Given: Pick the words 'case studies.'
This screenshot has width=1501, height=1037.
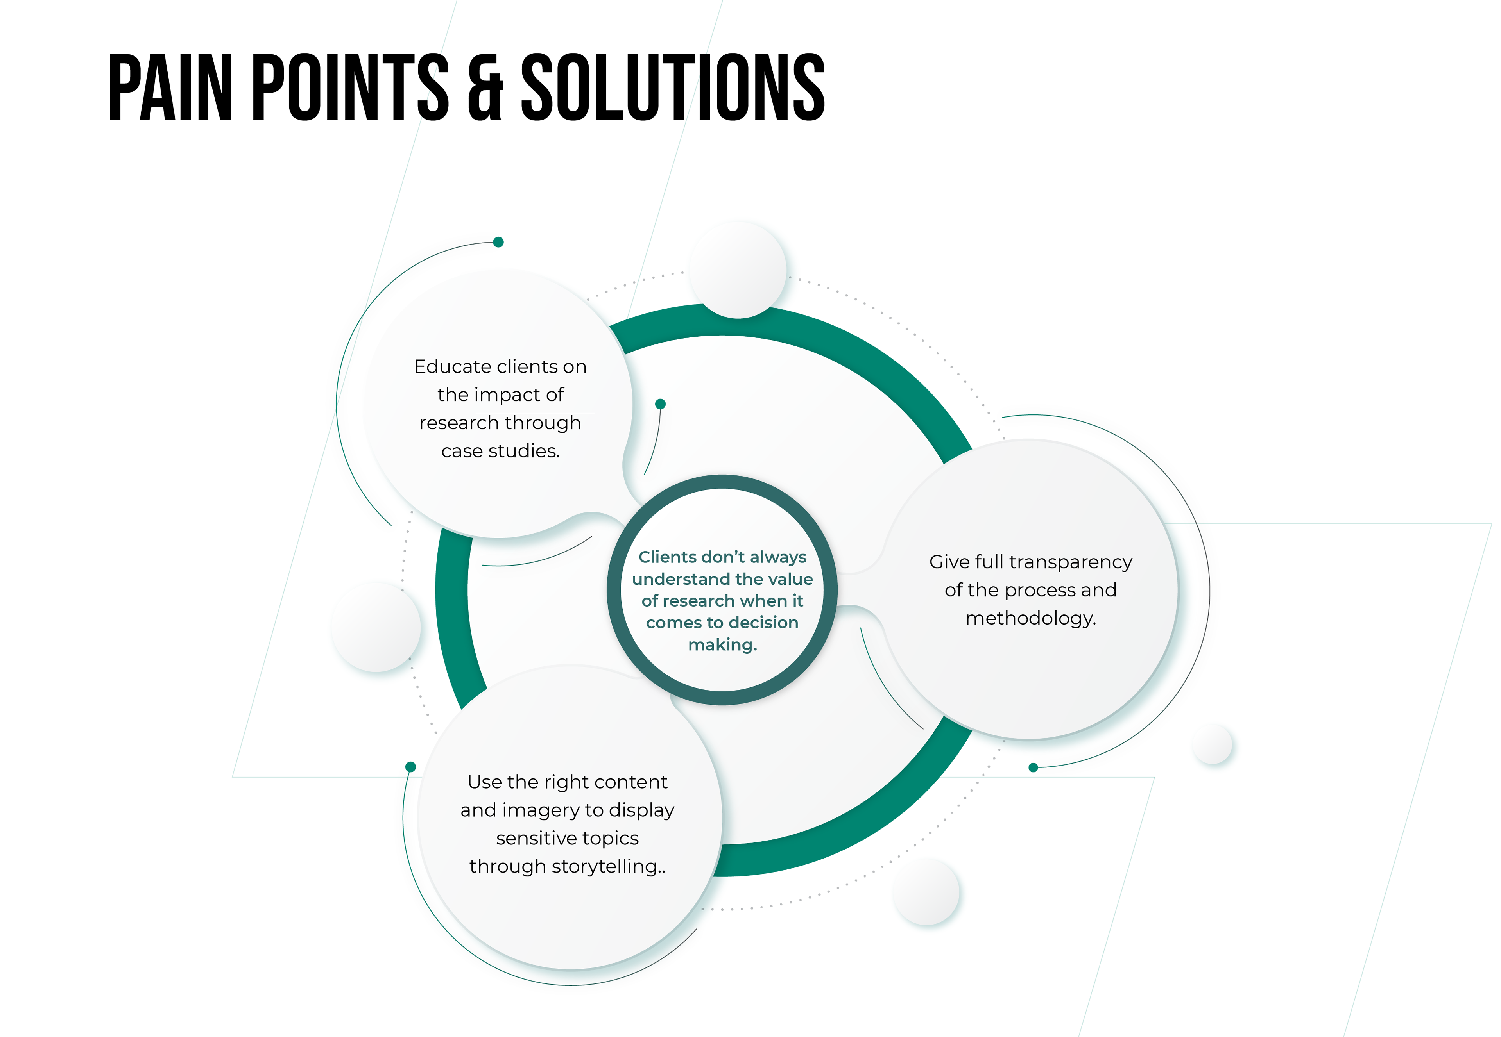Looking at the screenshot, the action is click(x=501, y=451).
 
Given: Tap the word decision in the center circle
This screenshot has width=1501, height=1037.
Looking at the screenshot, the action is click(x=761, y=623).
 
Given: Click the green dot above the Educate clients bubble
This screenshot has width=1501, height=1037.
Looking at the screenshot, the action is click(x=499, y=242).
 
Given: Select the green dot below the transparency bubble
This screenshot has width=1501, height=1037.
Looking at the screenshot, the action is click(x=1033, y=768).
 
